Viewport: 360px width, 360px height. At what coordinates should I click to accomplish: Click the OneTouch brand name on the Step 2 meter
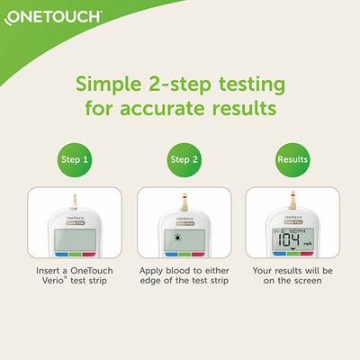point(179,217)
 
